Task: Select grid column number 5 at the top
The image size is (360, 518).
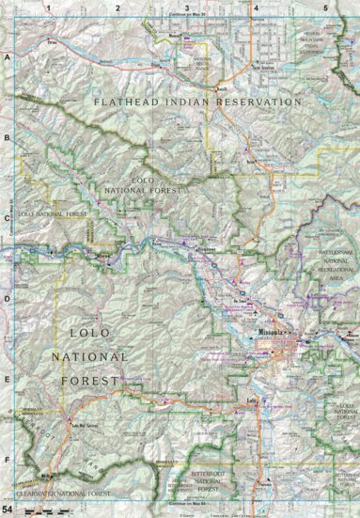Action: point(325,8)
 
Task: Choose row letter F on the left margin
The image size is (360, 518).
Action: point(8,460)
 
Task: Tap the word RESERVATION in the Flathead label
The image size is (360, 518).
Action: point(253,102)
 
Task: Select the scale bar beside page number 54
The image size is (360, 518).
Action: point(38,510)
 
